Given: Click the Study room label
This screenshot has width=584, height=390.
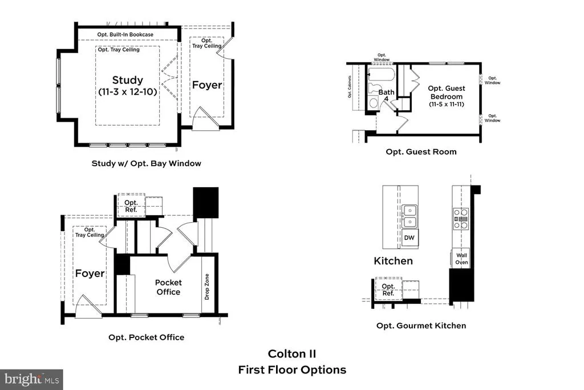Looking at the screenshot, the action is coord(127,80).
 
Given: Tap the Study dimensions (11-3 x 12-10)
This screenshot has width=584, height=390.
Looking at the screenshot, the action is coord(128,92).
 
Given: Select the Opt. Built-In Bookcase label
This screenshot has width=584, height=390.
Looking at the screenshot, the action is coord(125,34).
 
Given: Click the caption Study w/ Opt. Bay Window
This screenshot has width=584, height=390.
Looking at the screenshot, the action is coord(147,163).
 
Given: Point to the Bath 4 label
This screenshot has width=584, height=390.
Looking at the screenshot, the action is coord(386,95).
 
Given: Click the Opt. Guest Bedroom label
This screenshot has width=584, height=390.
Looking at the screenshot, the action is coord(447,93).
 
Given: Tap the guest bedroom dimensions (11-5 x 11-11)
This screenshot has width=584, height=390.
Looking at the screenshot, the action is coord(447,104).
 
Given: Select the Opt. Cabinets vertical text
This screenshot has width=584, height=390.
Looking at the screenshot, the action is coord(350,87).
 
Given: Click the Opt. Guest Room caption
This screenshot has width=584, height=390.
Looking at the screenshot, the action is coord(421,152).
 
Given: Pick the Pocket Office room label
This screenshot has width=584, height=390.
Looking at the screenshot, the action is coord(168,287).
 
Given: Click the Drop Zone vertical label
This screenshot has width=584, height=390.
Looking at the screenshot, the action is coord(207,287).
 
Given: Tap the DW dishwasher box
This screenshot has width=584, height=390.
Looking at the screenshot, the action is coord(409,238).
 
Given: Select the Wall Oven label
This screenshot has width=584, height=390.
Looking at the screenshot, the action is coord(461,259).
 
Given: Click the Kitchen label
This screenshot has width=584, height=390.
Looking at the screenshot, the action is coord(394,261).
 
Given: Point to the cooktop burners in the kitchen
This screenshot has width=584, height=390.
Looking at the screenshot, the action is coord(461,219).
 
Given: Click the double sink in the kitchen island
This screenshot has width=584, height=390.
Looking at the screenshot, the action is coord(409,216).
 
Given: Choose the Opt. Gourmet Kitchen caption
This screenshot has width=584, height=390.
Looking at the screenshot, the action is coord(421,326).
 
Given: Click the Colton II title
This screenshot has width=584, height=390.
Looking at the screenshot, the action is coord(292,354).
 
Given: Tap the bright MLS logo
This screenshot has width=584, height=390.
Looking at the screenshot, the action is coord(31,380).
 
